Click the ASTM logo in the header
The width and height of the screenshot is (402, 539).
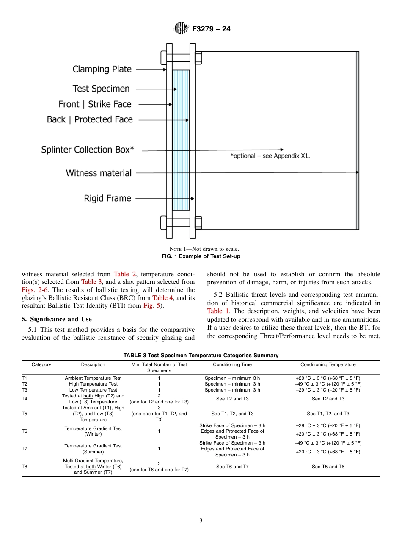point(181,29)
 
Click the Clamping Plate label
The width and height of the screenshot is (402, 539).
point(102,69)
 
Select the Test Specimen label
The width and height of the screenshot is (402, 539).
point(101,89)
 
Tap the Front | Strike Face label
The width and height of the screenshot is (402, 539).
point(95,104)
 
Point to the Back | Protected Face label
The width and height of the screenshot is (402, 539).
point(90,119)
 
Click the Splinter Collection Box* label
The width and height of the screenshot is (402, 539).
point(88,150)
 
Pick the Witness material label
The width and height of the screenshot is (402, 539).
point(99,173)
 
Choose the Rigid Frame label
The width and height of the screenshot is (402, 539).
point(107,198)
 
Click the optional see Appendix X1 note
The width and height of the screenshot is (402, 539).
point(270,156)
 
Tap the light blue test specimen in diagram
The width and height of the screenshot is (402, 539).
point(181,140)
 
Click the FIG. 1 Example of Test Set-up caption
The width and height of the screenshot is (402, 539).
point(201,256)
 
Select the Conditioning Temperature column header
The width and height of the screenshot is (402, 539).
point(328,364)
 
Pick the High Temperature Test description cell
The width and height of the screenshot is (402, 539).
point(93,384)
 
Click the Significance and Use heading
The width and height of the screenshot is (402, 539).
point(57,319)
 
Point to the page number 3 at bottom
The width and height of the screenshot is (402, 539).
point(201,521)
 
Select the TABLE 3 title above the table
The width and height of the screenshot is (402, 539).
point(201,355)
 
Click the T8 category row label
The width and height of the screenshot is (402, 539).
point(24,467)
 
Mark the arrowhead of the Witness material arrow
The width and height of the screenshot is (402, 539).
point(357,172)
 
